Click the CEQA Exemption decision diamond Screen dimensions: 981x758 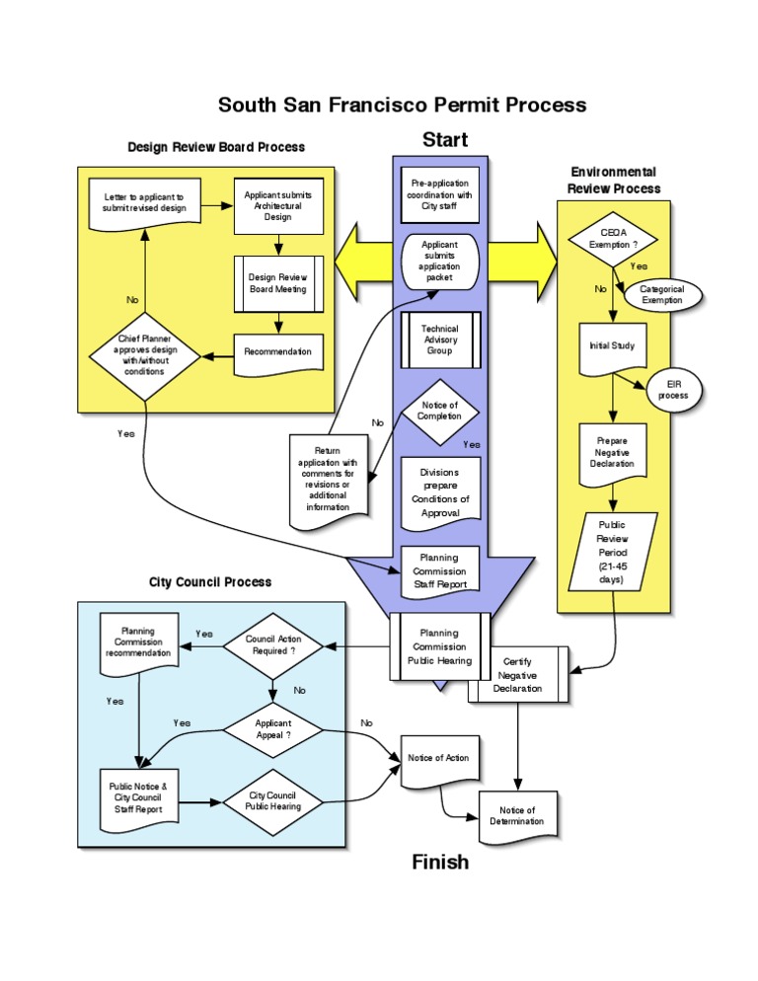coord(614,238)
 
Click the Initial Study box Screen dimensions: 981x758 coord(613,347)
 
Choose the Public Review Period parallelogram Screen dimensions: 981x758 coord(611,553)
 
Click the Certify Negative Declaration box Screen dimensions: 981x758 coord(518,675)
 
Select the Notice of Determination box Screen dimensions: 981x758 coord(518,816)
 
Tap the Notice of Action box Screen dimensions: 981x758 coord(438,760)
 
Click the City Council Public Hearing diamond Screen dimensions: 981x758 coord(273,800)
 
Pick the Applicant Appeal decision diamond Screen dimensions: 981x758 coord(273,729)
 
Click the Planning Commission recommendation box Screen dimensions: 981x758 coord(138,642)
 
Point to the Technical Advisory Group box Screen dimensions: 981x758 coord(440,340)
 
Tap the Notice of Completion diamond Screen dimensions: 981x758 coord(439,411)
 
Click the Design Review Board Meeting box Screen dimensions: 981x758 coord(277,283)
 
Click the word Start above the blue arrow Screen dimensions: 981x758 coord(445,139)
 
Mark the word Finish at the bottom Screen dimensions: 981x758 coord(440,862)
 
